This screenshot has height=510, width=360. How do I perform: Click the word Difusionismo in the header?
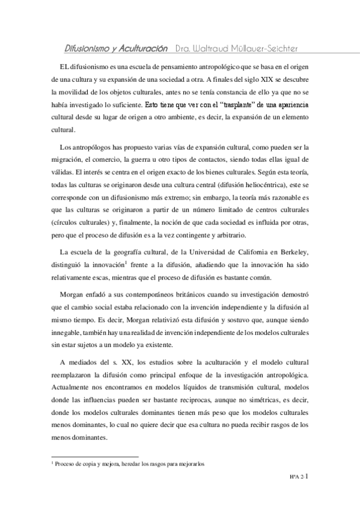(88, 48)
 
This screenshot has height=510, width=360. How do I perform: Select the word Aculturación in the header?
(142, 48)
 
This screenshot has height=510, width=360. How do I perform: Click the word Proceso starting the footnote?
(66, 464)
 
